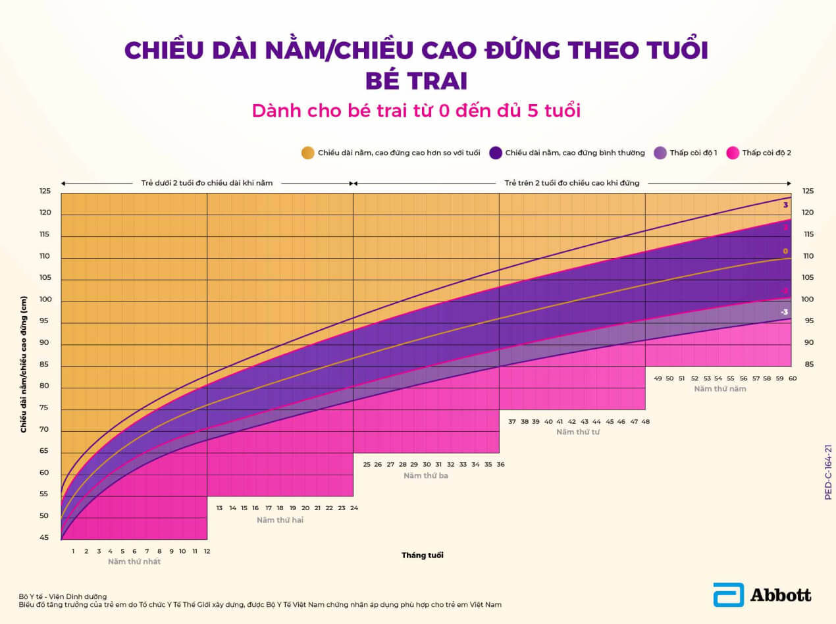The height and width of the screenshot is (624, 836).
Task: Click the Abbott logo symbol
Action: click(x=728, y=594)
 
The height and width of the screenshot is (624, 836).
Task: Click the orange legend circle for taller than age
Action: click(x=307, y=153)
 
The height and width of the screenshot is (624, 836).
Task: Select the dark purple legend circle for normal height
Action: click(x=496, y=153)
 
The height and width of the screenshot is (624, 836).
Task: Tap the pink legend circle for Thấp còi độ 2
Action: click(x=732, y=153)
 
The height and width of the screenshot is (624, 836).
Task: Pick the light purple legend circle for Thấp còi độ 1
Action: click(x=660, y=153)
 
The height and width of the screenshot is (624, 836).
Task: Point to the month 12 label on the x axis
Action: click(x=207, y=551)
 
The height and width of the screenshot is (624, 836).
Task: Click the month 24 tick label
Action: click(x=353, y=507)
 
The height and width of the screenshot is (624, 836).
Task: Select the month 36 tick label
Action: click(x=500, y=464)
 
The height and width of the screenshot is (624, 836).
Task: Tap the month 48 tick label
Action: click(x=646, y=421)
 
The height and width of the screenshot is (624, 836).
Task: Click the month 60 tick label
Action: click(x=793, y=378)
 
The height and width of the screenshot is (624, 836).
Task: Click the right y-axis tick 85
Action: click(x=808, y=364)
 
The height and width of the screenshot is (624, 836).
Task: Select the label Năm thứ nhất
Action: click(x=134, y=561)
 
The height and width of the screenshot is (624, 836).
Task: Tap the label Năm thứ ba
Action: click(x=426, y=475)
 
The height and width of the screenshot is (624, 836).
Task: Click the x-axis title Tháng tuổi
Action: click(x=423, y=556)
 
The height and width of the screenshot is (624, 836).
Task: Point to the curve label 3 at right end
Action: click(x=785, y=205)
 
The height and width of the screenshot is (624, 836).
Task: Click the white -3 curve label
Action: click(x=784, y=312)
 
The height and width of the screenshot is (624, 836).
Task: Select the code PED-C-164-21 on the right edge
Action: click(x=828, y=472)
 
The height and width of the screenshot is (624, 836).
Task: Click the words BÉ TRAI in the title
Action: click(x=416, y=80)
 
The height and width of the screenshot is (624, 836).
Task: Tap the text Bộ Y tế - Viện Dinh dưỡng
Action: click(x=63, y=596)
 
